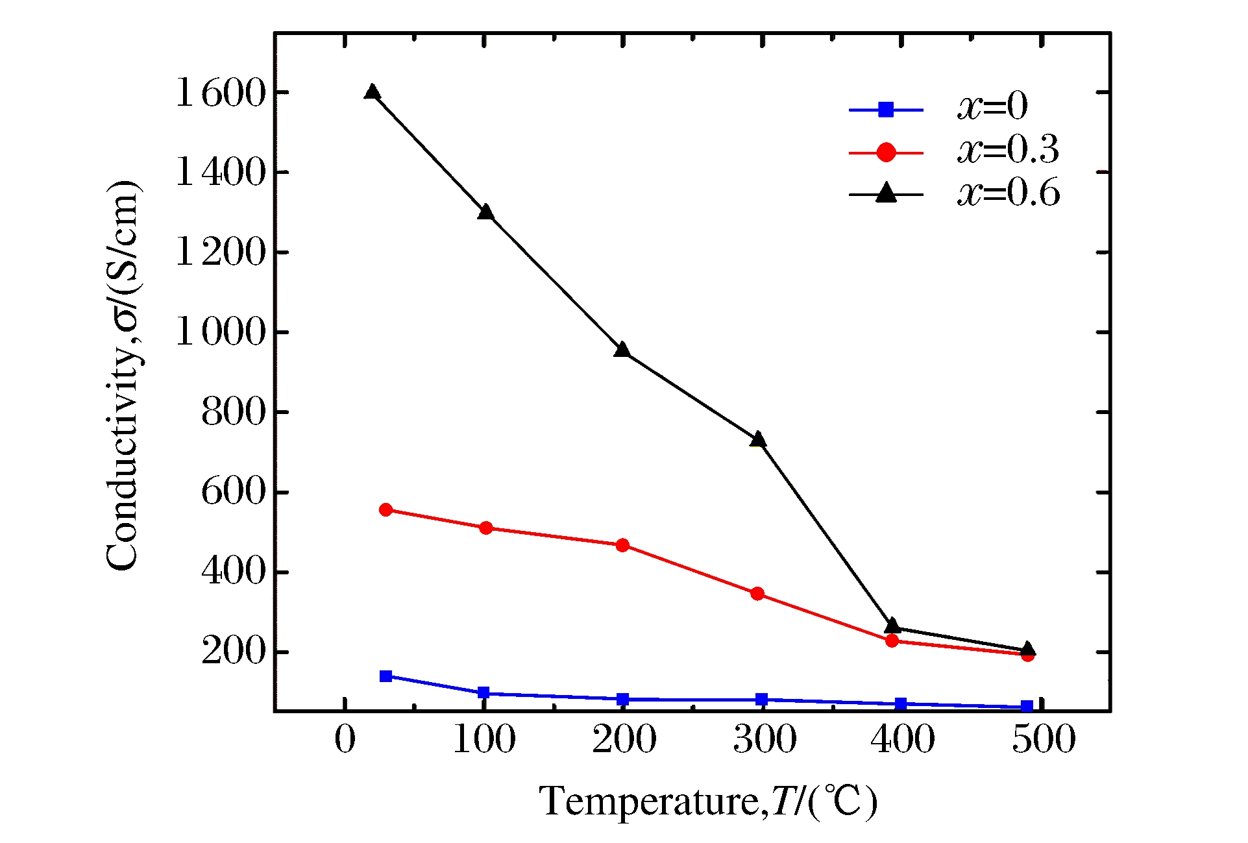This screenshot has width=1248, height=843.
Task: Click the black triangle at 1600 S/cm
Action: [x=372, y=92]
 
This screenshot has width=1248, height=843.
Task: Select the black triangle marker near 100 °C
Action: [x=485, y=213]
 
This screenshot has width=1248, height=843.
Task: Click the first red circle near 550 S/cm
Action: [x=385, y=510]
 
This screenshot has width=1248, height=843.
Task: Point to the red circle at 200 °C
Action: [x=622, y=545]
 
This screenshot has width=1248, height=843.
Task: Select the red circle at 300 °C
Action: [x=757, y=594]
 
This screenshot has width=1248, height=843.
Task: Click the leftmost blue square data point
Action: [x=385, y=676]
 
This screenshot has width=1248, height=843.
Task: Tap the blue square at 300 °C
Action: [x=762, y=700]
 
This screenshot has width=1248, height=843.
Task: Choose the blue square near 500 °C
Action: [x=1027, y=707]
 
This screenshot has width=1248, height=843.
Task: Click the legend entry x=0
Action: [x=992, y=106]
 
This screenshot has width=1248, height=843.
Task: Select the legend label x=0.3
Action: [x=1008, y=150]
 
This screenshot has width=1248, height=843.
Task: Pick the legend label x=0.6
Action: [x=1009, y=193]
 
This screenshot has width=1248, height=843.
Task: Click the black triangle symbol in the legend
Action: [x=886, y=193]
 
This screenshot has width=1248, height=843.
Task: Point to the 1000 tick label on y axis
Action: [x=221, y=332]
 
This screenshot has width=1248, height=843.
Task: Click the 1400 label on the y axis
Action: [x=221, y=173]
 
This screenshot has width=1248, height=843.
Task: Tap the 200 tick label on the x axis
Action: [x=624, y=739]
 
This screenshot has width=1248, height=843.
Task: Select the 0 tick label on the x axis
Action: [x=345, y=739]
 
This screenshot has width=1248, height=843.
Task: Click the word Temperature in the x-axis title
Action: [x=648, y=801]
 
